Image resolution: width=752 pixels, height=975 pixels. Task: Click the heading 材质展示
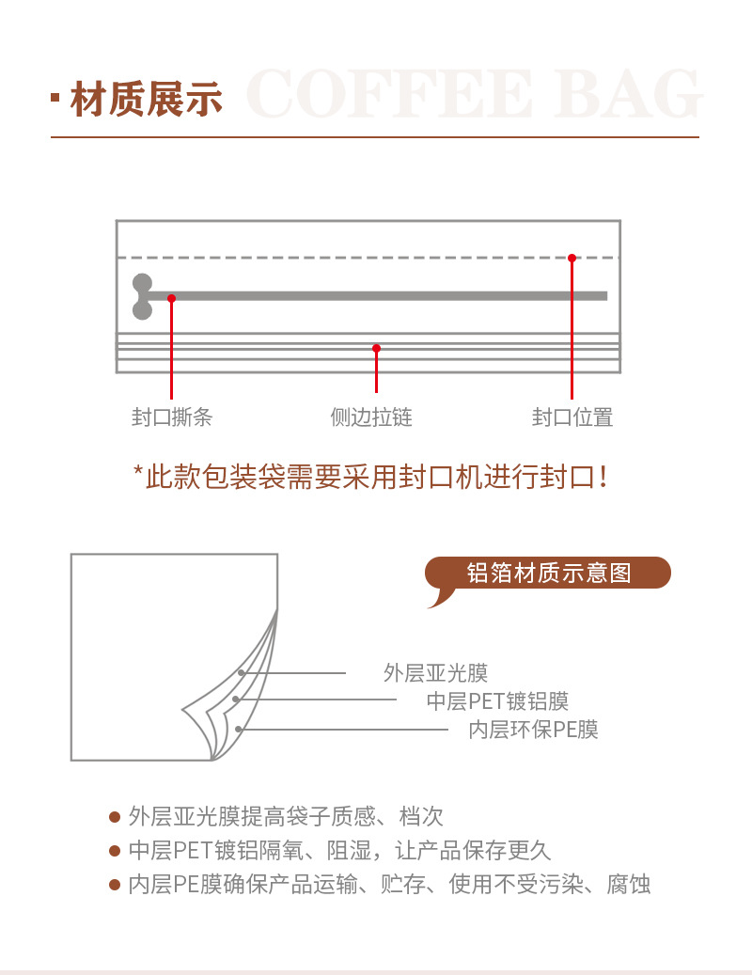(146, 99)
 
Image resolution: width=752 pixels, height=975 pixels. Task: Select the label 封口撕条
(172, 417)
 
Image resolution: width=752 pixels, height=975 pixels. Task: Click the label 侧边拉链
(371, 417)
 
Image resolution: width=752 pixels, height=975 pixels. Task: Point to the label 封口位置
(572, 417)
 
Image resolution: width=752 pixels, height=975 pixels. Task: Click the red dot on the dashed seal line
(572, 258)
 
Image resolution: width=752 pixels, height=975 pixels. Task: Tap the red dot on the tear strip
(171, 298)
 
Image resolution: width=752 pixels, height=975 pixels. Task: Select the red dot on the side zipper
(376, 348)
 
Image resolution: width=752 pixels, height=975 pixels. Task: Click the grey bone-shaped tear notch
(142, 296)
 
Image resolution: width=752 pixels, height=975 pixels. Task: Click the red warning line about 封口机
(373, 476)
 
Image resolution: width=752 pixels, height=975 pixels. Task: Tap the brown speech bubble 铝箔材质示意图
(549, 573)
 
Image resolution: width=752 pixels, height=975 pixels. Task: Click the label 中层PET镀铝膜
(497, 701)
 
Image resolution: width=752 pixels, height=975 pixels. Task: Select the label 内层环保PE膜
(533, 730)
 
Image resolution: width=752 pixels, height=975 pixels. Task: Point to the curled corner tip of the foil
(185, 712)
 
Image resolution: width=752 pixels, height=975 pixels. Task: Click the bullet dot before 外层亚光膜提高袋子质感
(115, 817)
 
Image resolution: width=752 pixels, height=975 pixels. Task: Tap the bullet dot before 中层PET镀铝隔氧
(115, 851)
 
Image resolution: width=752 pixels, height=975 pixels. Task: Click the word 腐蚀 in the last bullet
(629, 885)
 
